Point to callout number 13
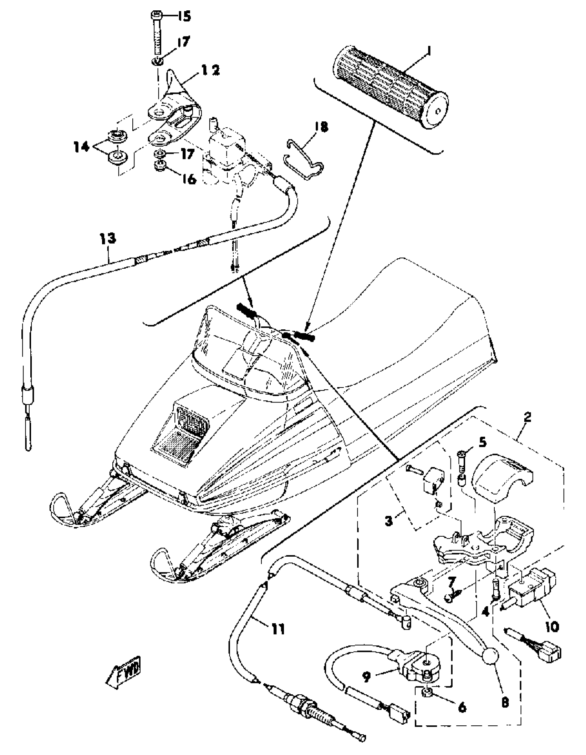(108, 239)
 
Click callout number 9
(366, 675)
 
